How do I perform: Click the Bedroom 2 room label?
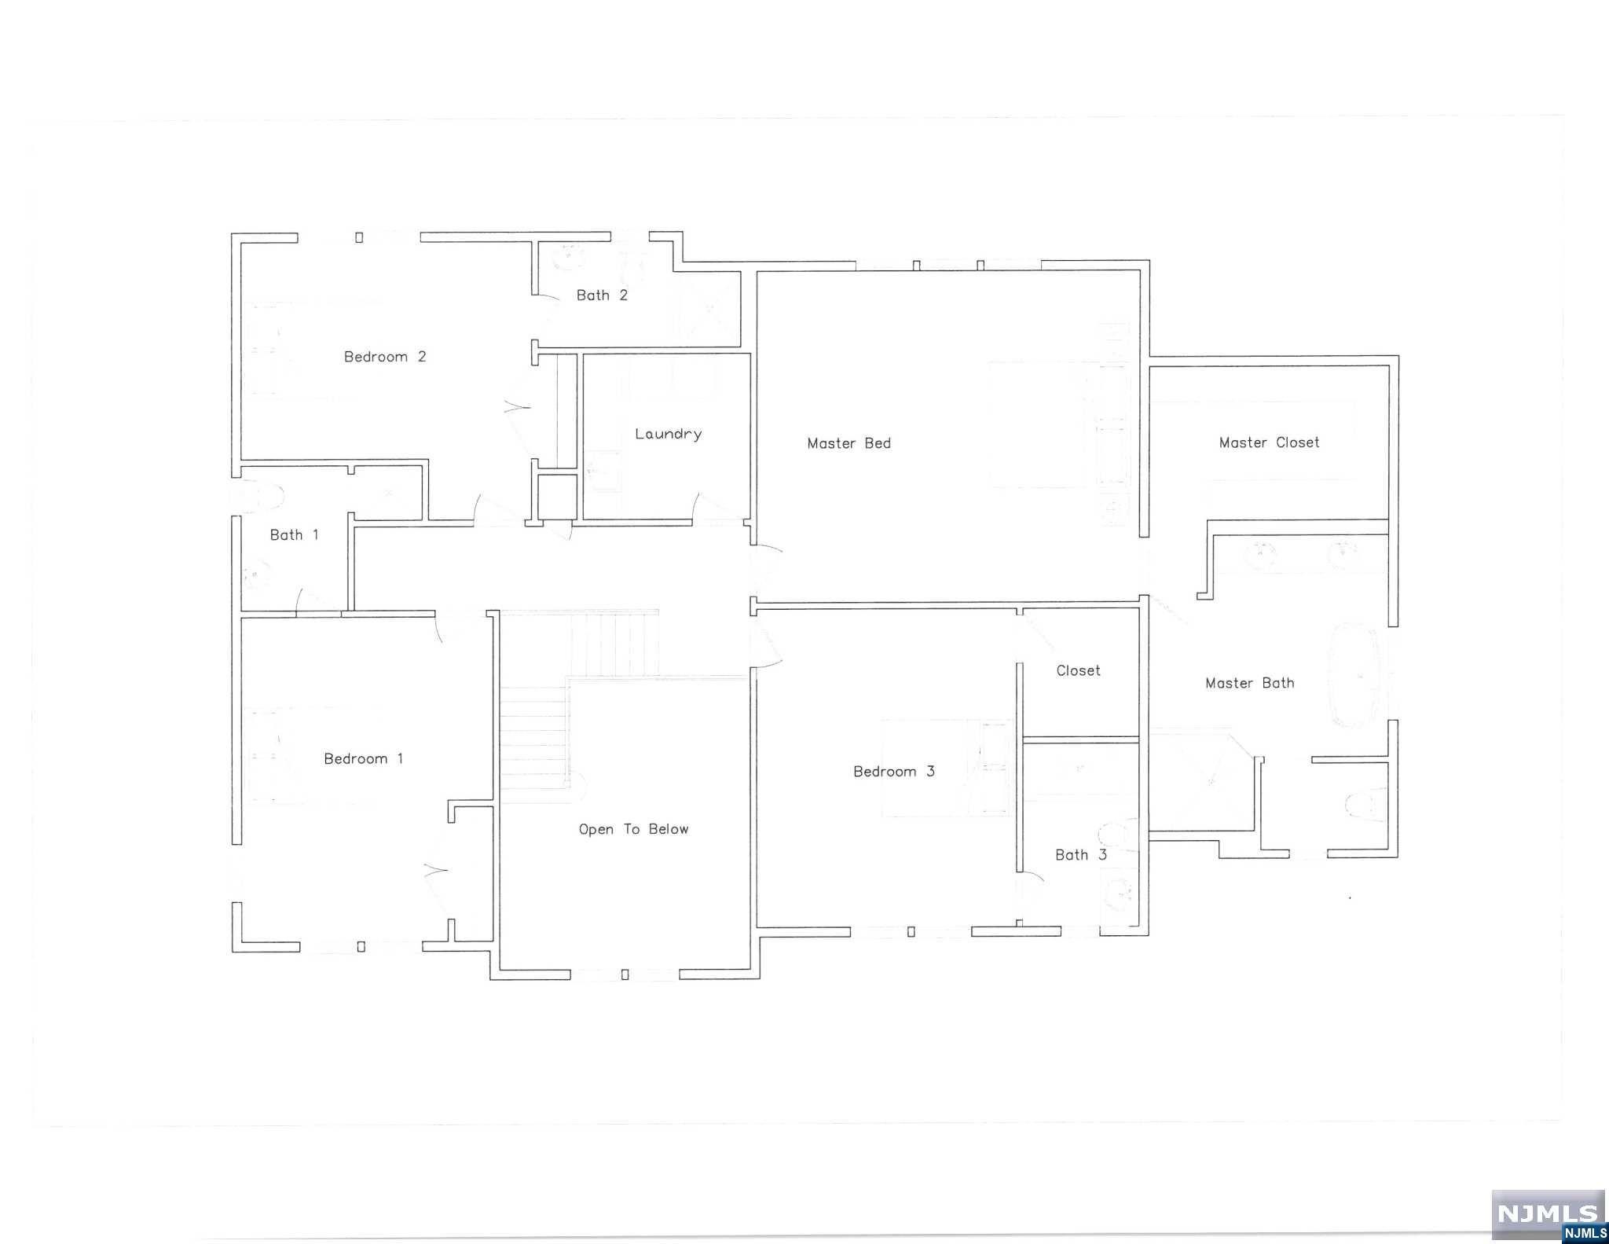[x=385, y=357]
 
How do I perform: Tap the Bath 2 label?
[x=602, y=295]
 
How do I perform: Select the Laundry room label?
[x=668, y=434]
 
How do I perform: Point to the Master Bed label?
[x=848, y=443]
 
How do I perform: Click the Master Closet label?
[x=1269, y=442]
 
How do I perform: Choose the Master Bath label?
[x=1249, y=683]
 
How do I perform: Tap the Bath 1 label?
[x=294, y=535]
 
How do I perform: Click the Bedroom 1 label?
[x=363, y=758]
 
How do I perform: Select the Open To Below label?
[x=633, y=829]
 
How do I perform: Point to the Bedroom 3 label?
[x=894, y=772]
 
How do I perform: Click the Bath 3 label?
[x=1080, y=855]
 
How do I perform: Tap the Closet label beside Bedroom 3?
[x=1078, y=670]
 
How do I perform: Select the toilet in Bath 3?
[x=1116, y=835]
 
